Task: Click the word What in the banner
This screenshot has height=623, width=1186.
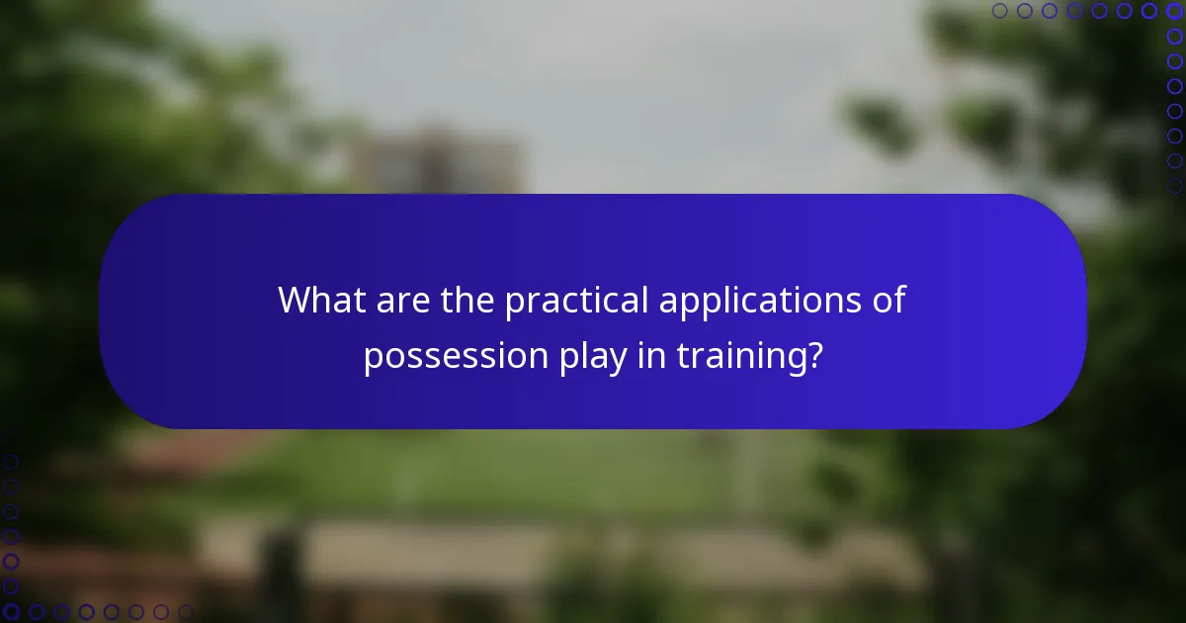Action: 319,300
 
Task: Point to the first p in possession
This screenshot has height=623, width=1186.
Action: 373,360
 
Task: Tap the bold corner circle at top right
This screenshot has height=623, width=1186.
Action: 1174,11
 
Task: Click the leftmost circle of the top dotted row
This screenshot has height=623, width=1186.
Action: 1000,11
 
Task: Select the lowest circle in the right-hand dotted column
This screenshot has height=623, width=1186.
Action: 1174,186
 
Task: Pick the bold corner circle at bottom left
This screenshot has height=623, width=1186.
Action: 11,612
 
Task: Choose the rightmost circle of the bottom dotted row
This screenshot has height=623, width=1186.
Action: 185,612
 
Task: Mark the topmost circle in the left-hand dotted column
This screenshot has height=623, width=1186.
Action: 11,437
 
